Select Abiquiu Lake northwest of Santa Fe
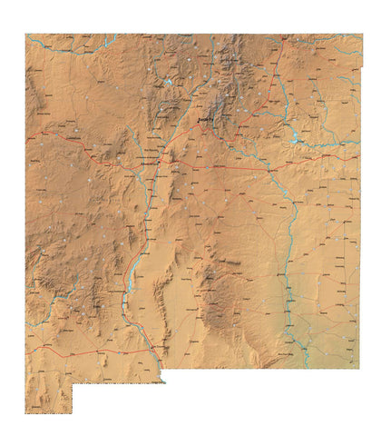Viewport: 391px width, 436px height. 169,84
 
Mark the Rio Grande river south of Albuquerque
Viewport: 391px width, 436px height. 145,218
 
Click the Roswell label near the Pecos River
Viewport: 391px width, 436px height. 288,263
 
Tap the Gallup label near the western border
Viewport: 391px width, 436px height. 41,136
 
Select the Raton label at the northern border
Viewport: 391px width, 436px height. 283,40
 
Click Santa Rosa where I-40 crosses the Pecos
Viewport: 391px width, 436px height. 269,169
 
